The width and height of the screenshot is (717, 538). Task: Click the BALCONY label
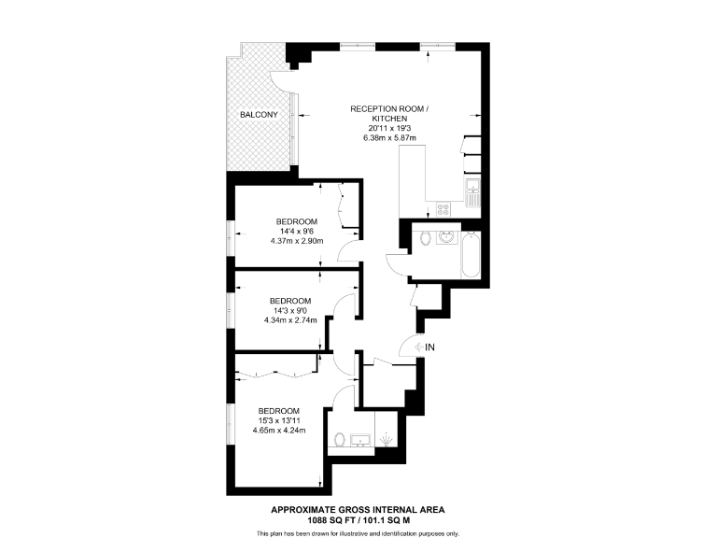click(x=258, y=115)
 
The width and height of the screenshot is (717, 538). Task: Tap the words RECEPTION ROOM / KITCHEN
click(x=389, y=115)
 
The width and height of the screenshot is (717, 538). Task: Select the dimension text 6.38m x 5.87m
click(x=389, y=138)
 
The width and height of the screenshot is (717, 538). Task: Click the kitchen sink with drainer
click(x=472, y=196)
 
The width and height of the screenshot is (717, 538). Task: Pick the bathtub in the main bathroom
click(x=471, y=252)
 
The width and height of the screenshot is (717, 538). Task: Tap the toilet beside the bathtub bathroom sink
click(x=427, y=238)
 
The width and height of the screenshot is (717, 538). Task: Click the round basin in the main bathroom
click(x=446, y=237)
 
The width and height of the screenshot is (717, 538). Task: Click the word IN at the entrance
click(x=429, y=347)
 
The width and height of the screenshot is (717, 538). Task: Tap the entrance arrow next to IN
click(x=416, y=347)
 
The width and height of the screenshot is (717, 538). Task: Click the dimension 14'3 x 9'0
click(x=289, y=311)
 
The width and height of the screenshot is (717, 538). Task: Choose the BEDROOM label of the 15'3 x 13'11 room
click(x=278, y=412)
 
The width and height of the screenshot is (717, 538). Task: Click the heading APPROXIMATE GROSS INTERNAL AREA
click(x=358, y=510)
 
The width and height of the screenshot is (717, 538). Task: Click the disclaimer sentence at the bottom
click(x=358, y=532)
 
